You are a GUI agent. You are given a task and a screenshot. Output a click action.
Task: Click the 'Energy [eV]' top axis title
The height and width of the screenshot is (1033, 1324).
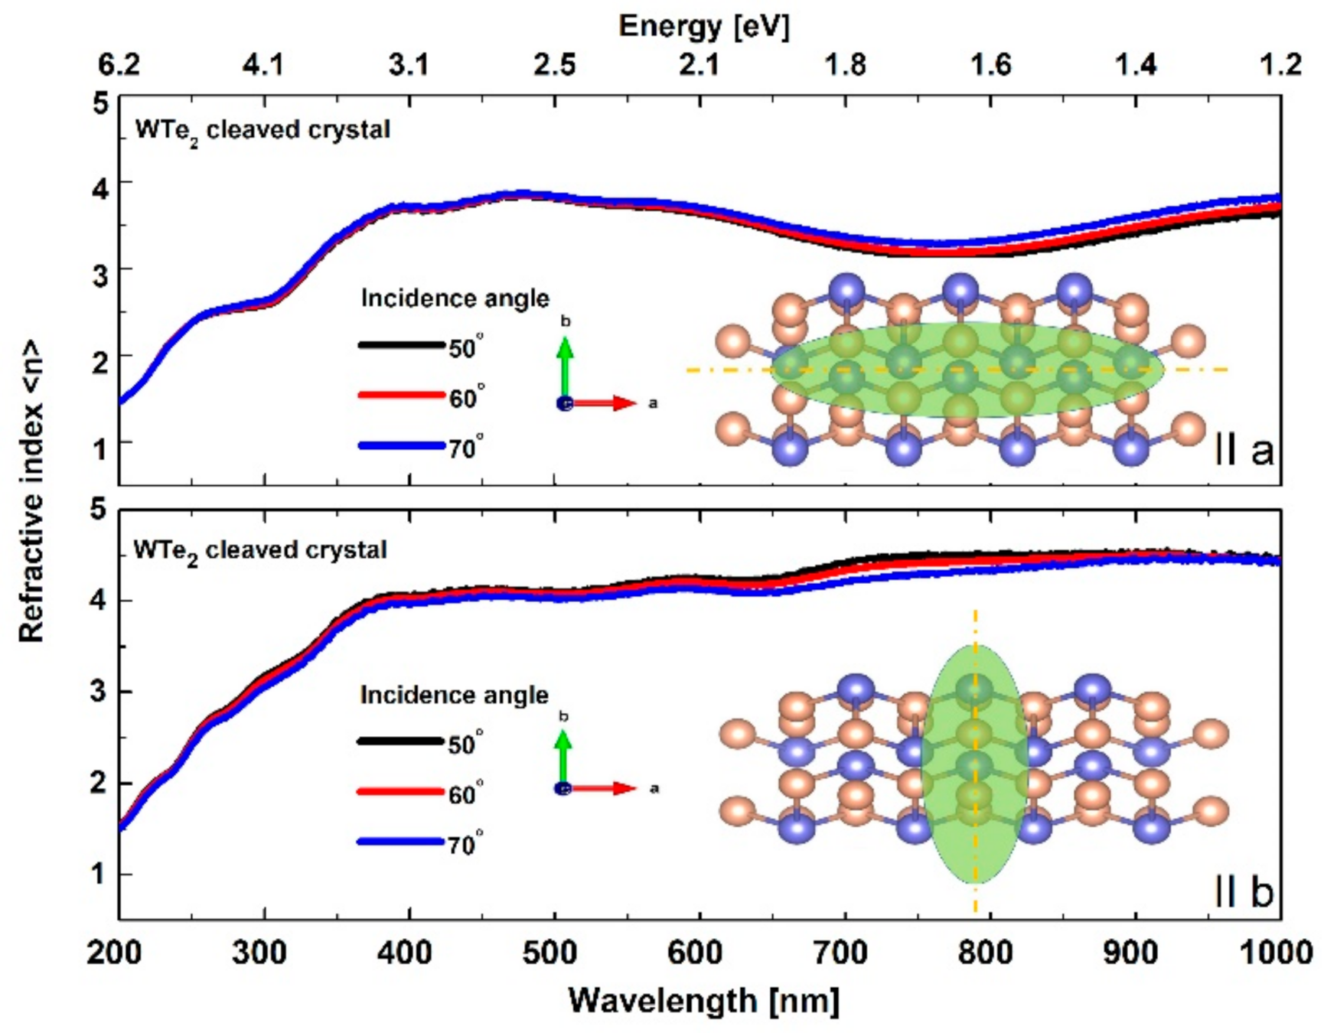[703, 26]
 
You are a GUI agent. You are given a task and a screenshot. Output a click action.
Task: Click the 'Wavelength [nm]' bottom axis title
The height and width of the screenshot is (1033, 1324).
[703, 999]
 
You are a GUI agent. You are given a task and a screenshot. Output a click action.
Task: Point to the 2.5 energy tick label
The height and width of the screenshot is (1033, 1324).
[553, 65]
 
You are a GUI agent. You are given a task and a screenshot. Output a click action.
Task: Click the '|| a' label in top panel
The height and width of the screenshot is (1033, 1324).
[1244, 451]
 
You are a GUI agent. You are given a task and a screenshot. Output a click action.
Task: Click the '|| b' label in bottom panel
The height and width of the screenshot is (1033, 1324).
[1244, 891]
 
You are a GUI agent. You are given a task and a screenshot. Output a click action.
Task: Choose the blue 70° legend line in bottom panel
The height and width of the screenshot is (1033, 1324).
[399, 842]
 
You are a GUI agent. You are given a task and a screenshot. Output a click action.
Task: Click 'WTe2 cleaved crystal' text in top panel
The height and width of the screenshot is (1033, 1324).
[263, 130]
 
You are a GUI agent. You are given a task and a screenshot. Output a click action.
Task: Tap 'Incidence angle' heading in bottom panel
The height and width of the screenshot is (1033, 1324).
[454, 695]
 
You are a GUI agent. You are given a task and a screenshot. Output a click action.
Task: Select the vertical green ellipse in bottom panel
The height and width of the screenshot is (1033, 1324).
[974, 765]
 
